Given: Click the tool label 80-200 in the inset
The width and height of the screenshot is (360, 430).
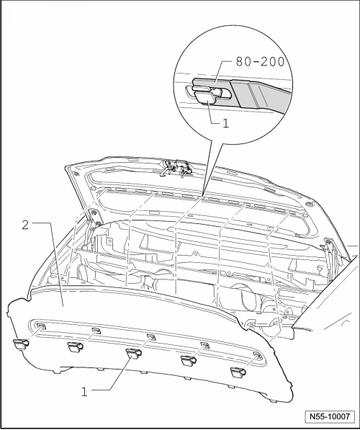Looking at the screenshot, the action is [x=260, y=62].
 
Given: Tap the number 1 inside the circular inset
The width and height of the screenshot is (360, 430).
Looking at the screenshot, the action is [x=225, y=123].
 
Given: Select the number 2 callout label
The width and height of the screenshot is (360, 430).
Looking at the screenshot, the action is [x=25, y=225].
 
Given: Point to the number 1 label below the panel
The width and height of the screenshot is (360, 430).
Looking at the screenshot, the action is [x=84, y=392].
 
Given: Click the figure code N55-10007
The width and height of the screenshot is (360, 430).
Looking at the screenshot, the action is [x=330, y=416].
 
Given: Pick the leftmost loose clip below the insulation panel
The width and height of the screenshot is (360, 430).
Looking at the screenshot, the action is [x=21, y=344].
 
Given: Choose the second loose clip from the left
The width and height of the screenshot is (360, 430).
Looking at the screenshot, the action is [x=75, y=346].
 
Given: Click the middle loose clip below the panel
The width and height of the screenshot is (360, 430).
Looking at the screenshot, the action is [x=134, y=353].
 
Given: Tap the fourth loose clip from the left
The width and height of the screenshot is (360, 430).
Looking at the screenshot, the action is [x=189, y=360].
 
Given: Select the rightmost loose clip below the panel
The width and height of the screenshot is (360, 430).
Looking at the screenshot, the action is [x=238, y=372].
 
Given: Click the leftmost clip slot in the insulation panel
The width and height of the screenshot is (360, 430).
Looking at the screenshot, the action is [x=40, y=326].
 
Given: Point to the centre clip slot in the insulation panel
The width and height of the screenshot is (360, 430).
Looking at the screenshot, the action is [x=151, y=337].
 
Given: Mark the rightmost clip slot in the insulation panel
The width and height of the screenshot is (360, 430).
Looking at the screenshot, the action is [x=258, y=356].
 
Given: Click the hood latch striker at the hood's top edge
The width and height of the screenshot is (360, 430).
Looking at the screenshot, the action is [x=176, y=168].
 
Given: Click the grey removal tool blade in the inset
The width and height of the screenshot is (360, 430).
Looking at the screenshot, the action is [x=241, y=92].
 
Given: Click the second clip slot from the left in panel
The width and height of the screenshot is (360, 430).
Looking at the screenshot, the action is [x=96, y=331].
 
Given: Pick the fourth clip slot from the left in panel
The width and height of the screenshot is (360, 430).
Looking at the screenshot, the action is [x=204, y=345].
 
